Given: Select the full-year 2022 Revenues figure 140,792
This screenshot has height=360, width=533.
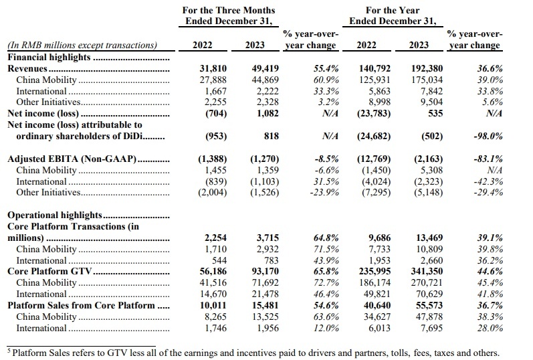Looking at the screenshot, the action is (375, 68).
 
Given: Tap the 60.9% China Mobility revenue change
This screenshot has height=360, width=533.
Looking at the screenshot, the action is (326, 80).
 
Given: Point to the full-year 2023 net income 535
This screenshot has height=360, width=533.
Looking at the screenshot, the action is (435, 113).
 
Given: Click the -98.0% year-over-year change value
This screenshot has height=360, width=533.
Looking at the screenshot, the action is (488, 136).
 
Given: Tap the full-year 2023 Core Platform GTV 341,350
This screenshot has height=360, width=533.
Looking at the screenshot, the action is (427, 271).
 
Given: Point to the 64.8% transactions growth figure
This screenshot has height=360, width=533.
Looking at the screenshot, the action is (326, 238).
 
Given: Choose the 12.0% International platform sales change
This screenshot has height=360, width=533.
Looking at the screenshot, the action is (326, 328).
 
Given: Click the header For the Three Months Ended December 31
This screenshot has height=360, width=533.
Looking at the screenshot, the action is (229, 15).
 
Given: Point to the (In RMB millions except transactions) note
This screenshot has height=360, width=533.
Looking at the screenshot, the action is (82, 46).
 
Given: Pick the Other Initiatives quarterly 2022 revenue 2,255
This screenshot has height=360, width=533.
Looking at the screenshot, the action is (215, 102).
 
